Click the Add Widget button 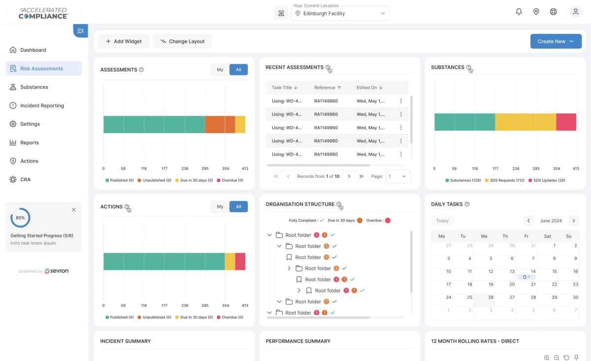[x=124, y=41]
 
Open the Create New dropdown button [x=556, y=41]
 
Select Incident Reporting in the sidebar [x=42, y=105]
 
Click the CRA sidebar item [x=25, y=179]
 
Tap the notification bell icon [x=519, y=12]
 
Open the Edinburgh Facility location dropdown [x=340, y=13]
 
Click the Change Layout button [x=182, y=41]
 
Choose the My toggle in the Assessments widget [x=220, y=69]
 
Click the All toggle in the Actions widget [x=238, y=206]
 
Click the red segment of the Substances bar [x=566, y=122]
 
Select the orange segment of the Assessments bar [x=220, y=125]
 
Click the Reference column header [x=328, y=87]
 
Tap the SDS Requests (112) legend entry [x=505, y=180]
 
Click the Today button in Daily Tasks [x=442, y=221]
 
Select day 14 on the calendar [x=533, y=271]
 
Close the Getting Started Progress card [x=74, y=210]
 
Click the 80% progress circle [x=20, y=217]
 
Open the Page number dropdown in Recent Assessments [x=397, y=176]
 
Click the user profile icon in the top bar [x=575, y=12]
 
